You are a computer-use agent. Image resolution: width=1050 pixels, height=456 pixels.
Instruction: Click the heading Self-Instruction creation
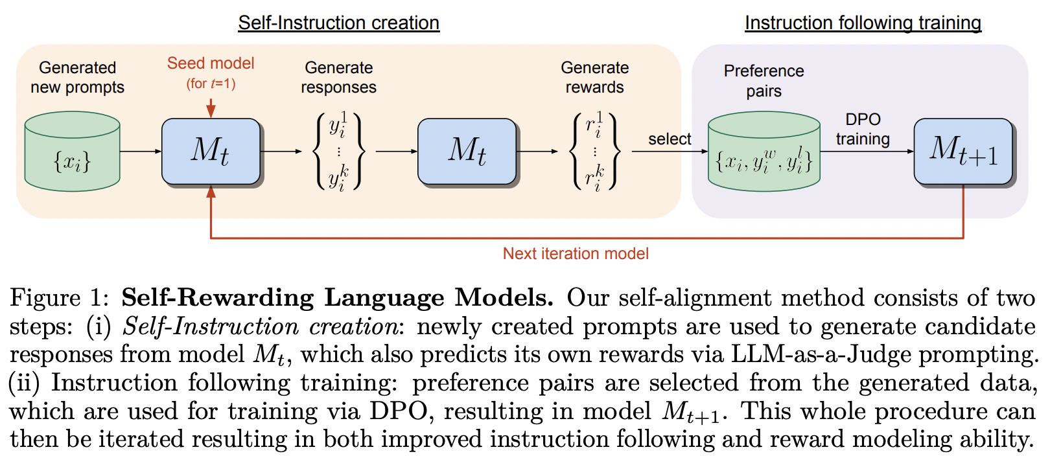pyautogui.click(x=338, y=23)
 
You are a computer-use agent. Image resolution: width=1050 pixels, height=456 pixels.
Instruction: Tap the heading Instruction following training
pyautogui.click(x=863, y=23)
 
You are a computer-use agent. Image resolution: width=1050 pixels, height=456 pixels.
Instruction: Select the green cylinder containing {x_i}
pyautogui.click(x=72, y=153)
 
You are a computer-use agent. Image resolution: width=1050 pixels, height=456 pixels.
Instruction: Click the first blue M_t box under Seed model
pyautogui.click(x=211, y=151)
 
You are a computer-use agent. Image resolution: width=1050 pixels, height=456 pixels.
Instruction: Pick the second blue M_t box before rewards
pyautogui.click(x=467, y=151)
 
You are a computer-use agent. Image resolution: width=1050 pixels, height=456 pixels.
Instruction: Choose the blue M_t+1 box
pyautogui.click(x=963, y=150)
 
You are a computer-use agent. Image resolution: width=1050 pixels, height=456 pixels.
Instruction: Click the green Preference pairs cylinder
pyautogui.click(x=764, y=153)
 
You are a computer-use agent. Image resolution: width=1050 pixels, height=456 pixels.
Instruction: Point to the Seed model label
pyautogui.click(x=211, y=63)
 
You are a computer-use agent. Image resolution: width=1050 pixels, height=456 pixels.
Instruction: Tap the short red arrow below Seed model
pyautogui.click(x=211, y=108)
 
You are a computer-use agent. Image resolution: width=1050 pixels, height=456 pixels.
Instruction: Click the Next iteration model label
pyautogui.click(x=576, y=253)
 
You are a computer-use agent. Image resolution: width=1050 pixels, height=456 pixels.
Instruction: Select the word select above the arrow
pyautogui.click(x=670, y=139)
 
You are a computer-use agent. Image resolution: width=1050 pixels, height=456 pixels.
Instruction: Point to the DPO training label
pyautogui.click(x=863, y=129)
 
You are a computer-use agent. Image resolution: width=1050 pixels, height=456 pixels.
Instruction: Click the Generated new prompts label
pyautogui.click(x=77, y=77)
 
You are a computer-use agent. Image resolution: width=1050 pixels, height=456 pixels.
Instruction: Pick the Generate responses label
pyautogui.click(x=338, y=77)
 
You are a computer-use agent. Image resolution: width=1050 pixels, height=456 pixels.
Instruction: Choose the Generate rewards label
pyautogui.click(x=594, y=77)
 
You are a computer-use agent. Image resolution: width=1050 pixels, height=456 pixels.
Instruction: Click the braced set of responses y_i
pyautogui.click(x=338, y=152)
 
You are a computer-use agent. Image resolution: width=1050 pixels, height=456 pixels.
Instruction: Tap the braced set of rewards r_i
pyautogui.click(x=594, y=152)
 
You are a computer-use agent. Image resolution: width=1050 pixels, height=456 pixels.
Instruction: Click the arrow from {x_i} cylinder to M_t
pyautogui.click(x=141, y=152)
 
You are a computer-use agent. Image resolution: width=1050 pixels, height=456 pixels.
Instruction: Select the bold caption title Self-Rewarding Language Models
pyautogui.click(x=337, y=297)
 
